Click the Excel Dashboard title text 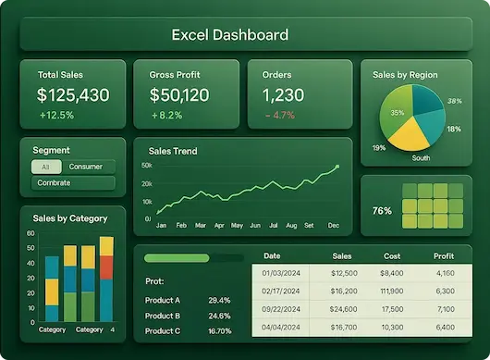click(230, 35)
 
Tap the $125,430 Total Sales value click(73, 95)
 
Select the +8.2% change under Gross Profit click(166, 116)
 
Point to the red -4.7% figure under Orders click(280, 115)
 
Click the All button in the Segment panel click(46, 167)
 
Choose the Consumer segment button click(86, 167)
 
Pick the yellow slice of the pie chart click(409, 135)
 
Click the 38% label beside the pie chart click(455, 101)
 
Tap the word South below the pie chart click(421, 158)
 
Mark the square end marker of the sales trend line click(337, 167)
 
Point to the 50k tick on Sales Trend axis click(147, 166)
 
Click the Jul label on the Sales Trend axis click(274, 225)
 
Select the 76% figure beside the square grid click(382, 211)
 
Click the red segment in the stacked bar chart click(106, 267)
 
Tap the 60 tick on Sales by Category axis click(31, 233)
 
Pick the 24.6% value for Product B click(219, 316)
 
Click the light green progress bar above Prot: click(177, 258)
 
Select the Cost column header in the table click(392, 256)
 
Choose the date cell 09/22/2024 click(281, 309)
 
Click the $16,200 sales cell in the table click(344, 292)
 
